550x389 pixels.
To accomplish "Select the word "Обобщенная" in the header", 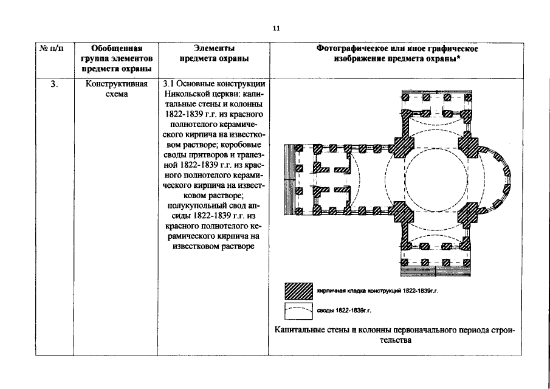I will (115, 49).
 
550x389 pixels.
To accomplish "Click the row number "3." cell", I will (54, 84).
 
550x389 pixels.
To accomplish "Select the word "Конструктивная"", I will (115, 84).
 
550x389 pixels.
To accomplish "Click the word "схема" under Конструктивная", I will (115, 94).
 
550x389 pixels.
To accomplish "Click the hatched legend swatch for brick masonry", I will (299, 291).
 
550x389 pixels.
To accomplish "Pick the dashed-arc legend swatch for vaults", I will (299, 311).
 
